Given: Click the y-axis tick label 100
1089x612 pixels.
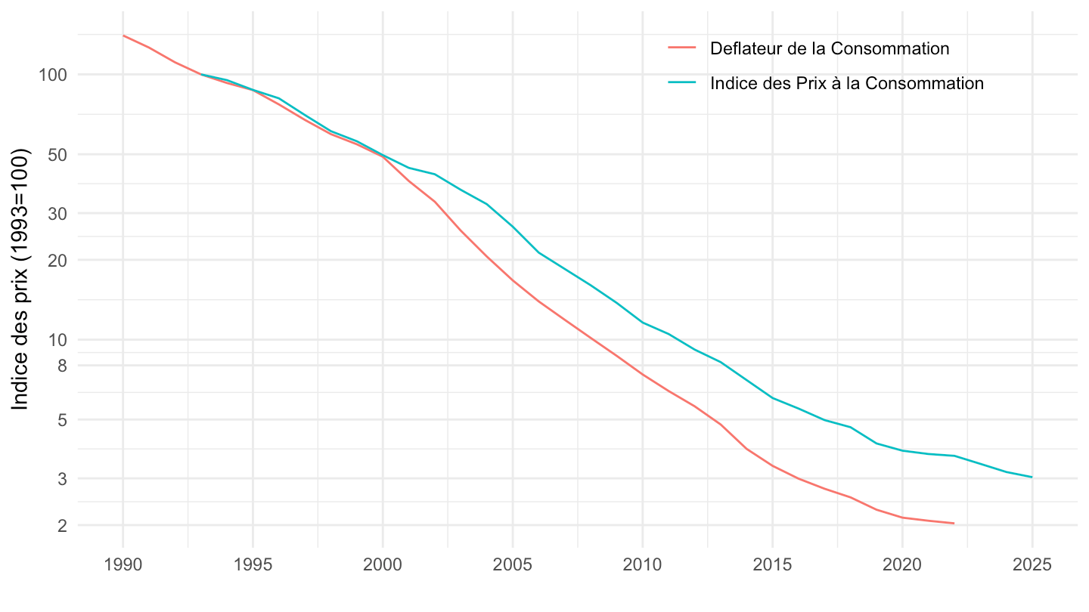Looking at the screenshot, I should click(54, 75).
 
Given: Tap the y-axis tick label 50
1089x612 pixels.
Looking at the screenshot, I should click(57, 155).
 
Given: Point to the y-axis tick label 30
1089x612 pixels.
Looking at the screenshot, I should click(57, 214).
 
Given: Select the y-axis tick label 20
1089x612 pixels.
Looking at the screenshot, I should click(57, 260).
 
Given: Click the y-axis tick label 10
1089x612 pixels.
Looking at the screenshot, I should click(57, 340).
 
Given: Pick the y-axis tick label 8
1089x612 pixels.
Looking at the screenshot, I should click(62, 366).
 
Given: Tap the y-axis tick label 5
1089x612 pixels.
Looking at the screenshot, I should click(62, 419).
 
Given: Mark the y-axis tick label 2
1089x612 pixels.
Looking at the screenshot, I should click(62, 526).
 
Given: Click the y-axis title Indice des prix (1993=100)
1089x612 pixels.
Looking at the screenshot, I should click(20, 280).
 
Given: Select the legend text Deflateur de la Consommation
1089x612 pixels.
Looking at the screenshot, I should click(830, 48).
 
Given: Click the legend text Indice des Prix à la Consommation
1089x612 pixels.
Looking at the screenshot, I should click(847, 83).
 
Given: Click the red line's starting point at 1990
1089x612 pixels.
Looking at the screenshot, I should click(123, 36).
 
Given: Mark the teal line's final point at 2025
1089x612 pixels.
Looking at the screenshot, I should click(1032, 477).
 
